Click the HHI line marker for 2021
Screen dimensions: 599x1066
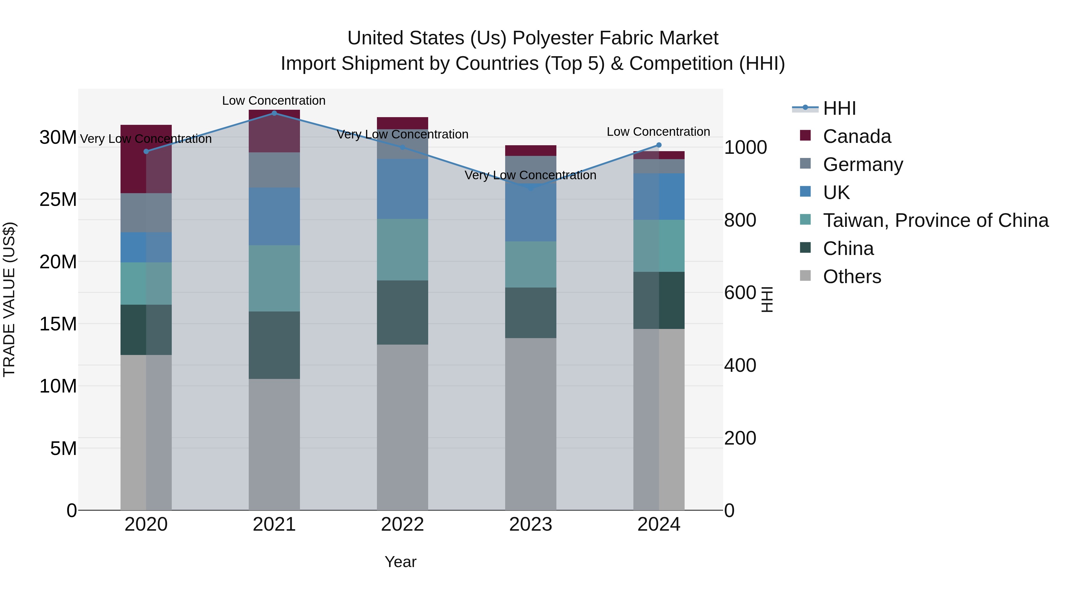274,113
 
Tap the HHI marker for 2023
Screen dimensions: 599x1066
531,188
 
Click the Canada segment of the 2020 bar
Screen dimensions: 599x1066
146,159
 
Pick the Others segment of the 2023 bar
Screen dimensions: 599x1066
531,424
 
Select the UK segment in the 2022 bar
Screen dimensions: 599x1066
402,189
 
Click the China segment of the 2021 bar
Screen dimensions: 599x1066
274,345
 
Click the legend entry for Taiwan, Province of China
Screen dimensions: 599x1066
935,220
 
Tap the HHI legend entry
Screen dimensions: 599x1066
839,108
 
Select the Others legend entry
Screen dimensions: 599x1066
852,277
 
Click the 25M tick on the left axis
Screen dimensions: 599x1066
58,200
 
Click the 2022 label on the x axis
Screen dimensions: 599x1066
402,524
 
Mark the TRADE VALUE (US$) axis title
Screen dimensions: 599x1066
9,299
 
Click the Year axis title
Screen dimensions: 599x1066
400,562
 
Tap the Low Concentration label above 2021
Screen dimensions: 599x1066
274,101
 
